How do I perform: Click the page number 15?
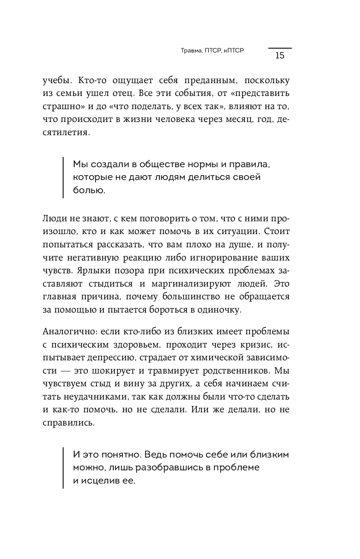click(280, 55)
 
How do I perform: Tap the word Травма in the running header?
click(186, 50)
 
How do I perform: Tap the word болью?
click(89, 191)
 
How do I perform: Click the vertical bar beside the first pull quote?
click(63, 177)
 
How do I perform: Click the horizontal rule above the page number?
click(280, 48)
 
